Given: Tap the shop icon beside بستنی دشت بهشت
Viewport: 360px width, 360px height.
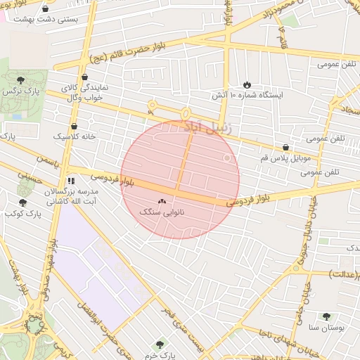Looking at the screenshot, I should pyautogui.click(x=46, y=9).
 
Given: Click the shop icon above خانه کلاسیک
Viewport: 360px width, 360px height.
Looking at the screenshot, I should pyautogui.click(x=74, y=126).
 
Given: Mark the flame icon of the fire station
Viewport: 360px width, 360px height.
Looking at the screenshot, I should pyautogui.click(x=247, y=84).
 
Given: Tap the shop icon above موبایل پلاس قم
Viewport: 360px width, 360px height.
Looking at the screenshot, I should pyautogui.click(x=285, y=148).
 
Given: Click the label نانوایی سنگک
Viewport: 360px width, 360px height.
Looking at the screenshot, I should pyautogui.click(x=162, y=212).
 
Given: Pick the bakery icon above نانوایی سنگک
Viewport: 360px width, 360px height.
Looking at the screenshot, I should pyautogui.click(x=162, y=201).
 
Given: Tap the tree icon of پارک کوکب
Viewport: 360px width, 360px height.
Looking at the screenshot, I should pyautogui.click(x=22, y=202).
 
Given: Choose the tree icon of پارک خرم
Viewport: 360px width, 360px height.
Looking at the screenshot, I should pyautogui.click(x=160, y=345).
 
